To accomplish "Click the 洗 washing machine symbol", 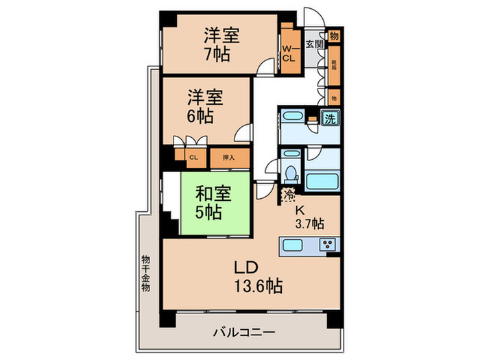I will click(331, 118).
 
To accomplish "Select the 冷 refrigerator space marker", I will click(288, 194).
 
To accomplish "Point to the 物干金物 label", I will click(146, 274).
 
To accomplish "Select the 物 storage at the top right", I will click(334, 36).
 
